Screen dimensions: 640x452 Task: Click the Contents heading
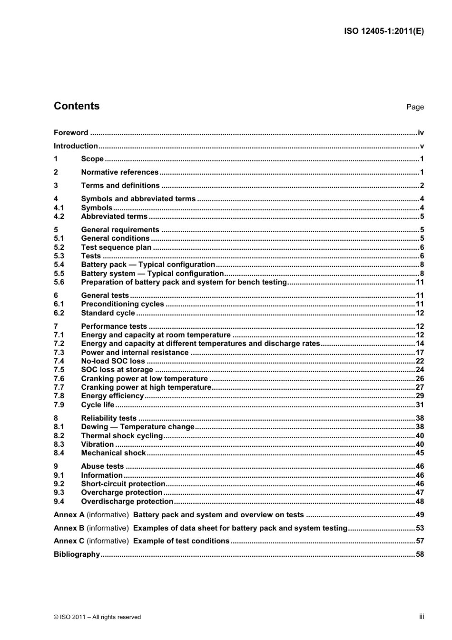(77, 106)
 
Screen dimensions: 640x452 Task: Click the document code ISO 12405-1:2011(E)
(383, 31)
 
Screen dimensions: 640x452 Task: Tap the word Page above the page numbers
(414, 107)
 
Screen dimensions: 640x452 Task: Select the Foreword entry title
(71, 133)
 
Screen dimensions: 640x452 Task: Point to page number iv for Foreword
(421, 133)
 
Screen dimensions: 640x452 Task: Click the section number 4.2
(59, 217)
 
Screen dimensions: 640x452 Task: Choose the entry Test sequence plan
(116, 247)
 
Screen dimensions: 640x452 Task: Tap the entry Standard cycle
(108, 313)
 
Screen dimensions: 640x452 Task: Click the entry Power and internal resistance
(135, 353)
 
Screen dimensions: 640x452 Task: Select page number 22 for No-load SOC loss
(420, 361)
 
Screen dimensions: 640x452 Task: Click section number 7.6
(59, 379)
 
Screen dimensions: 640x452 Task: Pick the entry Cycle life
(98, 405)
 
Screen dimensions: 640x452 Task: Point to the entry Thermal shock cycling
(122, 436)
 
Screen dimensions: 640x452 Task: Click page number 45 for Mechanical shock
(420, 453)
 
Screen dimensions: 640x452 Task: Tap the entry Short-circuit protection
(123, 484)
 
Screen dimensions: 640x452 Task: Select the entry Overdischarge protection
(127, 502)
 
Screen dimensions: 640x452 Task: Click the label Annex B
(69, 528)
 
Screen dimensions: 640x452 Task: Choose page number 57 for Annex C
(420, 541)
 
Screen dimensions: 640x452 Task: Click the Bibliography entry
(77, 554)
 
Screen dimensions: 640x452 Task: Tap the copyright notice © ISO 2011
(97, 617)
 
